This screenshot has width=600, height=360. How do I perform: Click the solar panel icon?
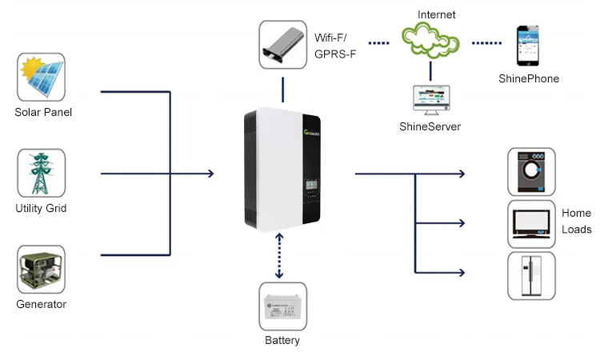(42, 78)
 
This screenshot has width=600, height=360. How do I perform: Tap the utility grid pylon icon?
(42, 174)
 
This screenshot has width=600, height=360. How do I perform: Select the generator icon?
(42, 270)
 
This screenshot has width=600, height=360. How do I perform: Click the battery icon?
(282, 306)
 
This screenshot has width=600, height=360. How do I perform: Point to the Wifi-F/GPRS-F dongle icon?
(282, 45)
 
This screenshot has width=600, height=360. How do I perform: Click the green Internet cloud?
(430, 40)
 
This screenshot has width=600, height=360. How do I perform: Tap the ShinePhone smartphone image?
(528, 46)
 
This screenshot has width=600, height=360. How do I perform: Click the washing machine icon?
(531, 172)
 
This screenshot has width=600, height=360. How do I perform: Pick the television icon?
(531, 224)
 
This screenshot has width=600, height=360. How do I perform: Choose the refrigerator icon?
(531, 275)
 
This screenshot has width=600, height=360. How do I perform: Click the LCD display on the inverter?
(311, 186)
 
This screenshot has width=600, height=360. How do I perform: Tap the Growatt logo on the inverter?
(311, 133)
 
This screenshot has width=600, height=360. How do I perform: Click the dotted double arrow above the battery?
(279, 255)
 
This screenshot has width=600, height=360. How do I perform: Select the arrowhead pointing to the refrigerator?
(462, 272)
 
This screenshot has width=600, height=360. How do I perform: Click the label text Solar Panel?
(43, 112)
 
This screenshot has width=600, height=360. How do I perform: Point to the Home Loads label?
(576, 221)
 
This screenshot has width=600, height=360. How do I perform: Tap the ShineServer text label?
(430, 126)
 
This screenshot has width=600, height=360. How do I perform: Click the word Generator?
(42, 304)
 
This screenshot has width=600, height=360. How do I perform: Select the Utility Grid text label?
(41, 208)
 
